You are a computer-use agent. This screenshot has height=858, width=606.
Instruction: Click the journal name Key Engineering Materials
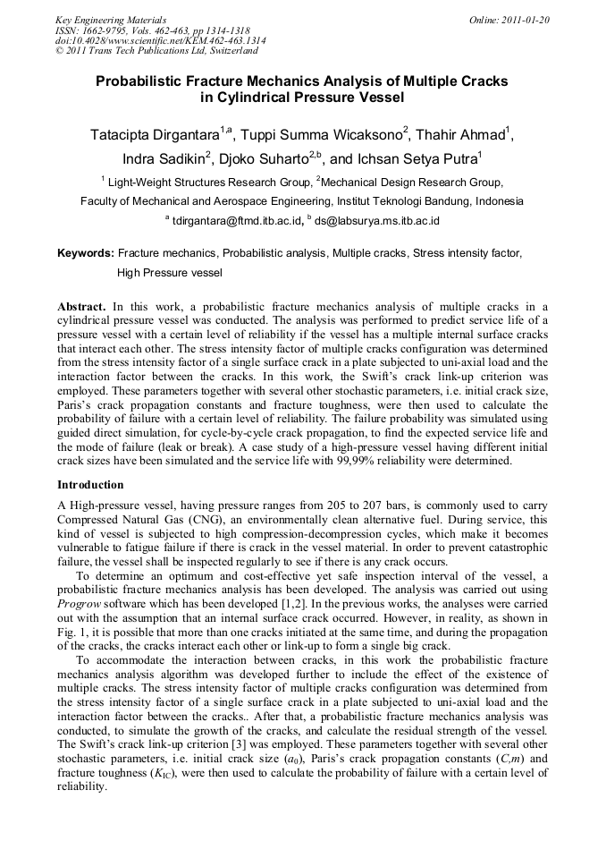pyautogui.click(x=111, y=20)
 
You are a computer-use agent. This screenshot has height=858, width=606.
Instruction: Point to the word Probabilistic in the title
pyautogui.click(x=142, y=81)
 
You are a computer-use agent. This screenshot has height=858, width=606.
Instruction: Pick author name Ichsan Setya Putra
pyautogui.click(x=415, y=159)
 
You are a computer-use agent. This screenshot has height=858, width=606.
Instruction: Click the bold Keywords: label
pyautogui.click(x=86, y=254)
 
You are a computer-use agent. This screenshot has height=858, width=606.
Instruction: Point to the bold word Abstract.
pyautogui.click(x=80, y=306)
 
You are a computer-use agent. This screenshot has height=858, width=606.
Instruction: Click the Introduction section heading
pyautogui.click(x=90, y=485)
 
